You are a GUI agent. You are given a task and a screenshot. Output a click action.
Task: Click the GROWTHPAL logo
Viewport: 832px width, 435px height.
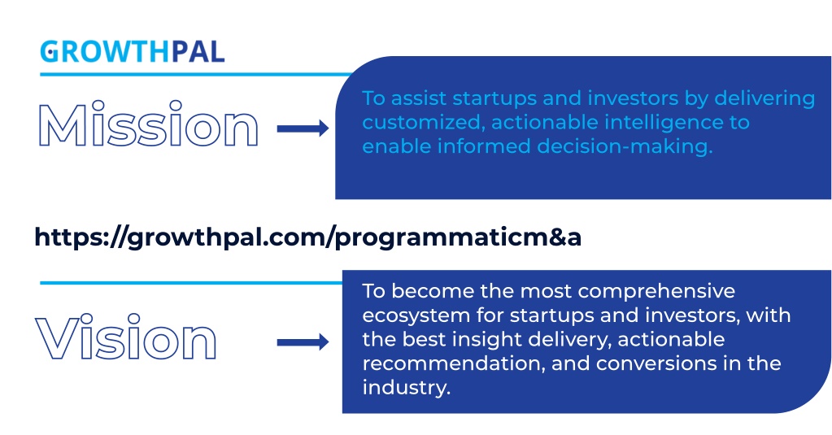coord(133,51)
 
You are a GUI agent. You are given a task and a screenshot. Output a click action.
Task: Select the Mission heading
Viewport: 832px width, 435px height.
coord(148,124)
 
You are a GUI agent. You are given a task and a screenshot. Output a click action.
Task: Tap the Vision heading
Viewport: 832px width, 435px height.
coord(126,337)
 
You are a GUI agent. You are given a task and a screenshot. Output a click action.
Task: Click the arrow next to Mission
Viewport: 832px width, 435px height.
coord(303,128)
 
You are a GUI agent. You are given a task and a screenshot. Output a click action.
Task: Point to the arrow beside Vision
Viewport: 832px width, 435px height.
coord(303,342)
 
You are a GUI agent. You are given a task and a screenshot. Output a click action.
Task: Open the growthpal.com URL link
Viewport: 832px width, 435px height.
coord(307,237)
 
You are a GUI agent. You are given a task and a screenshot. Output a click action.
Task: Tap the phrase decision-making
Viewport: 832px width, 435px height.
coord(625,147)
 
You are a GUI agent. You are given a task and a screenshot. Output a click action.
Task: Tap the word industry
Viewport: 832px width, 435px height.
coord(407,388)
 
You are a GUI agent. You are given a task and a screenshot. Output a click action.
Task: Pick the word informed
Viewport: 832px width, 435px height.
coord(483,146)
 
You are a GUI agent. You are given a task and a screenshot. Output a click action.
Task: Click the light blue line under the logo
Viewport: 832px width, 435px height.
coord(196,74)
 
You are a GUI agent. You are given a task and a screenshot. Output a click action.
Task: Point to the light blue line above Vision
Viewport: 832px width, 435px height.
coord(191,283)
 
